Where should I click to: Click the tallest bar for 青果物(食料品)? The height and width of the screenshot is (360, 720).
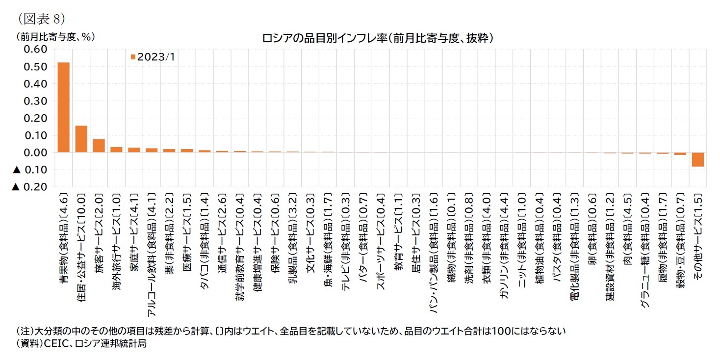point(64,107)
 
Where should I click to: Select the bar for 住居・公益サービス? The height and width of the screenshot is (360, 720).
point(81,139)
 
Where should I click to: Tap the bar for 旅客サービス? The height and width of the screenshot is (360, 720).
point(99,146)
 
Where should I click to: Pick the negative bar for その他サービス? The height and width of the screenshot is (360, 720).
point(697,160)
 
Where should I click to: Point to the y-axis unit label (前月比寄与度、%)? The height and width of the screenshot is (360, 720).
point(55,36)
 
